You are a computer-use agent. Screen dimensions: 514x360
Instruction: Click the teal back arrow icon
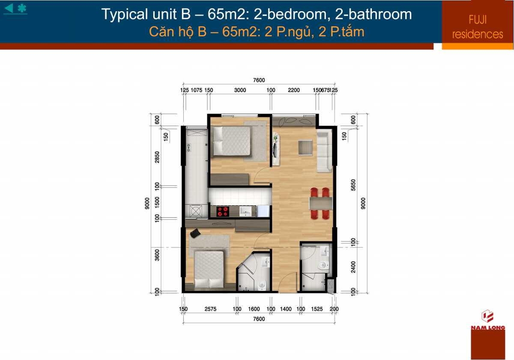pos(9,8)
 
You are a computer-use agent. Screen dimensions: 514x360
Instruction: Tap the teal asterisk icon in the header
pos(22,8)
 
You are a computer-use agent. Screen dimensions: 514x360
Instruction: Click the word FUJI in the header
pos(478,20)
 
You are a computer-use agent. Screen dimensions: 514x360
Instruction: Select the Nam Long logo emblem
pos(487,316)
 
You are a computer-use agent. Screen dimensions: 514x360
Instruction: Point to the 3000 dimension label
pos(240,90)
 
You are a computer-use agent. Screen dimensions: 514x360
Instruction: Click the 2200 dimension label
pos(294,90)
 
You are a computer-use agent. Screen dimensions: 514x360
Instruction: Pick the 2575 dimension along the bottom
pos(210,309)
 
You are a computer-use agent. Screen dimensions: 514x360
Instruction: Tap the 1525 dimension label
pos(317,309)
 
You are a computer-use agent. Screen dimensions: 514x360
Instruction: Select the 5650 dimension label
pos(353,185)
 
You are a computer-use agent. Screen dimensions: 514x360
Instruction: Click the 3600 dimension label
pos(157,255)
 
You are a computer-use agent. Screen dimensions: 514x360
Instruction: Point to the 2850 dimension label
pos(157,157)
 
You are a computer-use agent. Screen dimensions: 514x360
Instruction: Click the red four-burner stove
pos(223,211)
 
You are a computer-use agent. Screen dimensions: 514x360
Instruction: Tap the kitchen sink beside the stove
pos(245,211)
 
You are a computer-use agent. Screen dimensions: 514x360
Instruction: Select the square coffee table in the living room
pos(305,147)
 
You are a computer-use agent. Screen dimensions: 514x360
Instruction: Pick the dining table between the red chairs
pos(321,204)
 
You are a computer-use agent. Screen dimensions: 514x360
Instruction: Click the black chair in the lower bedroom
pos(195,233)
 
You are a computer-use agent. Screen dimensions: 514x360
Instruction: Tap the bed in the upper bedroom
pos(232,141)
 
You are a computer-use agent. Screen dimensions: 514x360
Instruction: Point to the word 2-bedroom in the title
pos(290,14)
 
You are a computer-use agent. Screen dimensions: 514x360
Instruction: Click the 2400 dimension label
pos(353,267)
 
